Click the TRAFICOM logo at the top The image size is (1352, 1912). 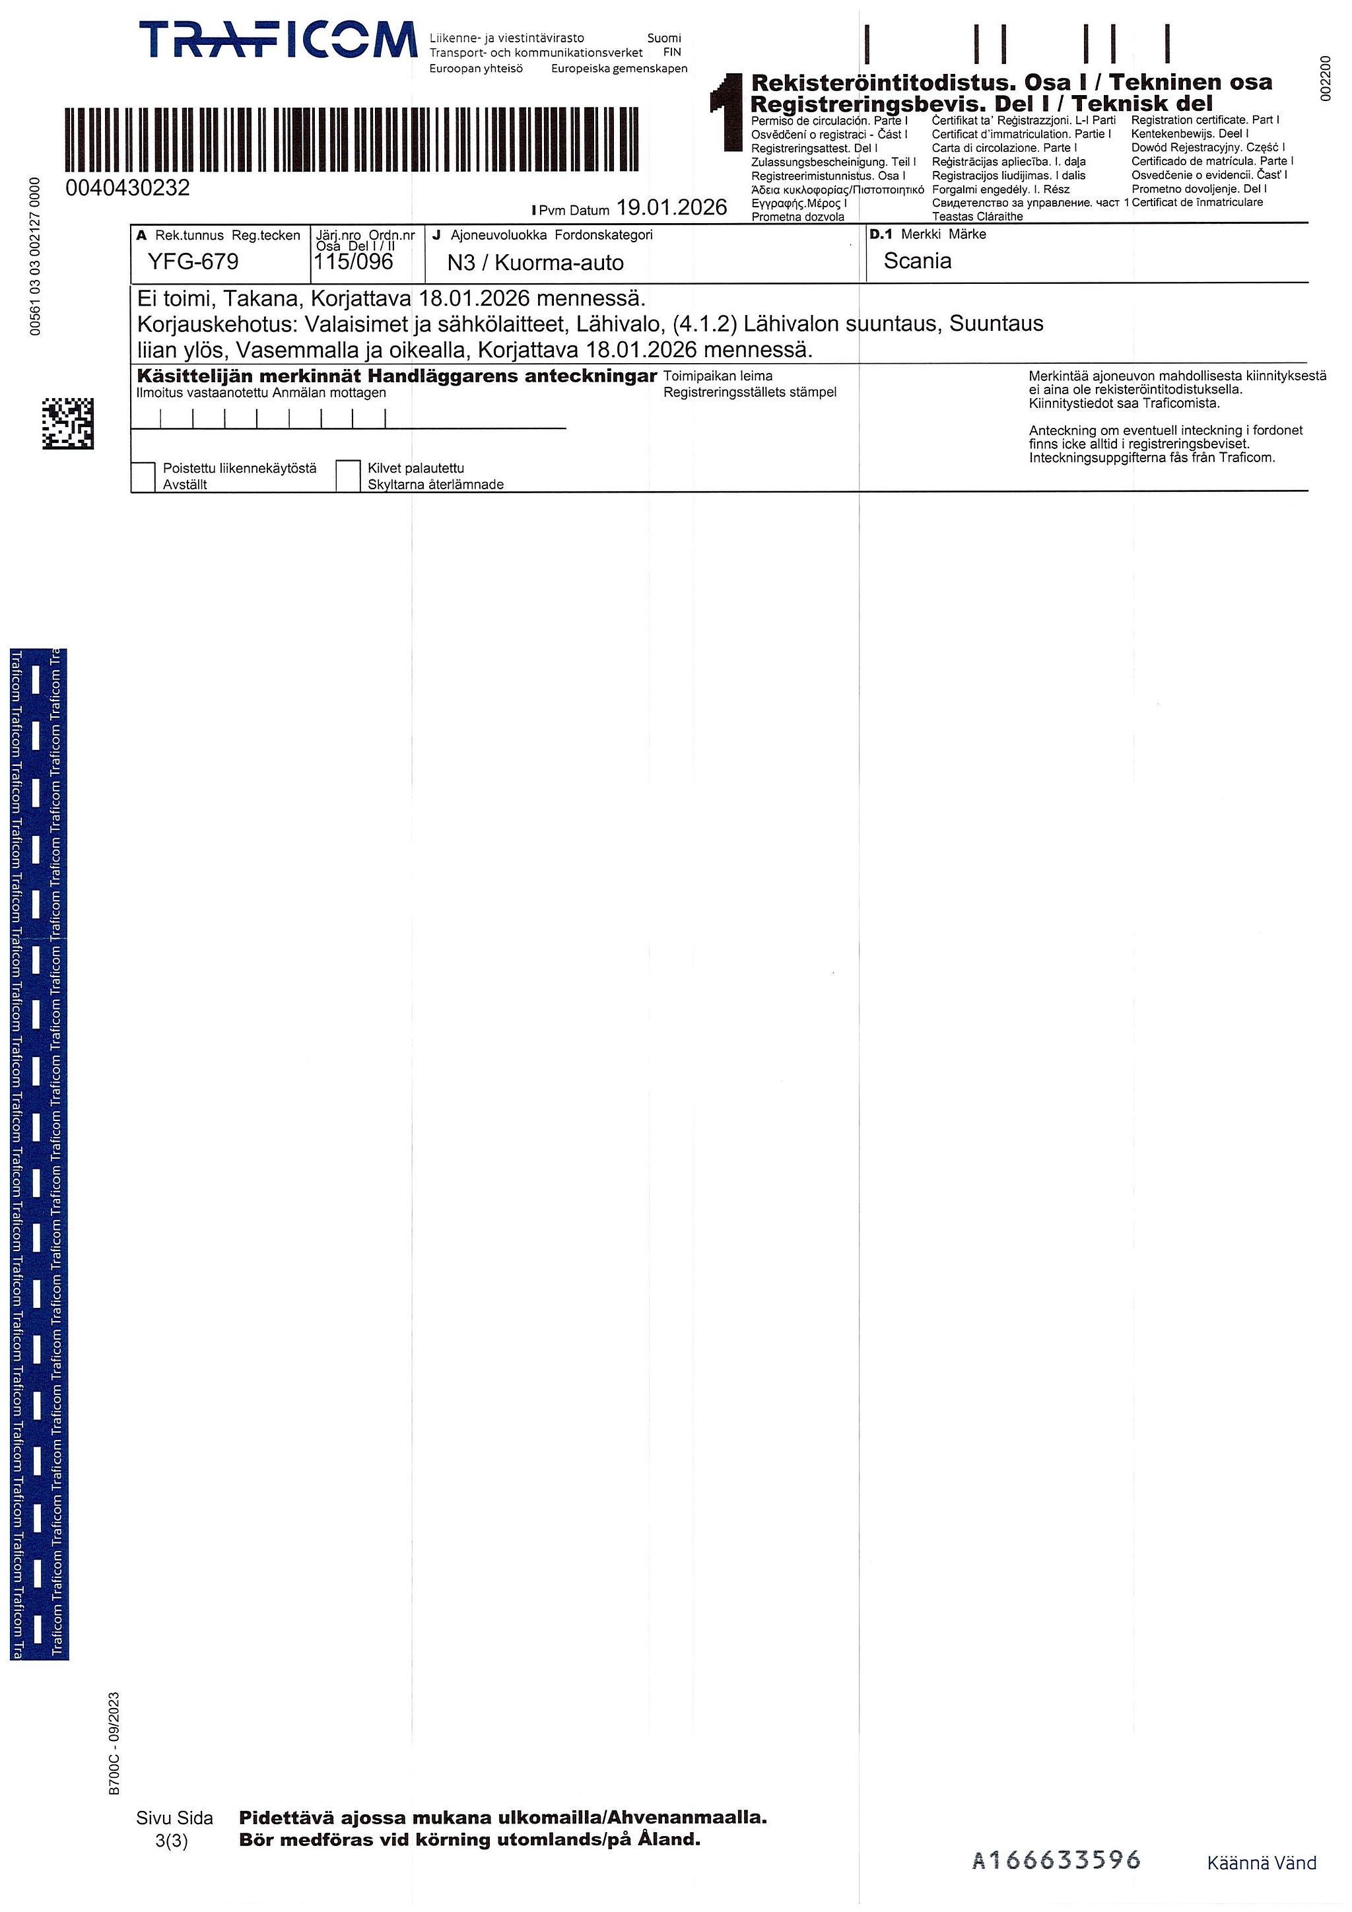(277, 41)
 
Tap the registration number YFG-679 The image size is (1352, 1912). (193, 261)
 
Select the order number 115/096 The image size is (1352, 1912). (353, 261)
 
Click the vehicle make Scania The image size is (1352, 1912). (918, 261)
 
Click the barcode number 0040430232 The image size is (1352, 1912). (127, 188)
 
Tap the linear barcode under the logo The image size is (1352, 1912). (351, 139)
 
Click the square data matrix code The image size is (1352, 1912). (68, 423)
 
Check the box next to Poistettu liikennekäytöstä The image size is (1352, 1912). (143, 476)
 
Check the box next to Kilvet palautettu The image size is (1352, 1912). (348, 475)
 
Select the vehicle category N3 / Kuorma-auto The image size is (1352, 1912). (535, 263)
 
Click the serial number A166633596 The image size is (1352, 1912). (1056, 1860)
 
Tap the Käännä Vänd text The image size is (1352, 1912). (1262, 1863)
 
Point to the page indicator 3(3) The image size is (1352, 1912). (172, 1841)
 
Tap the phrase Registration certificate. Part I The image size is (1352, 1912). (1205, 120)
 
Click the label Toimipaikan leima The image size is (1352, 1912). (718, 376)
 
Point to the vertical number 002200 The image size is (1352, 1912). (1326, 77)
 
